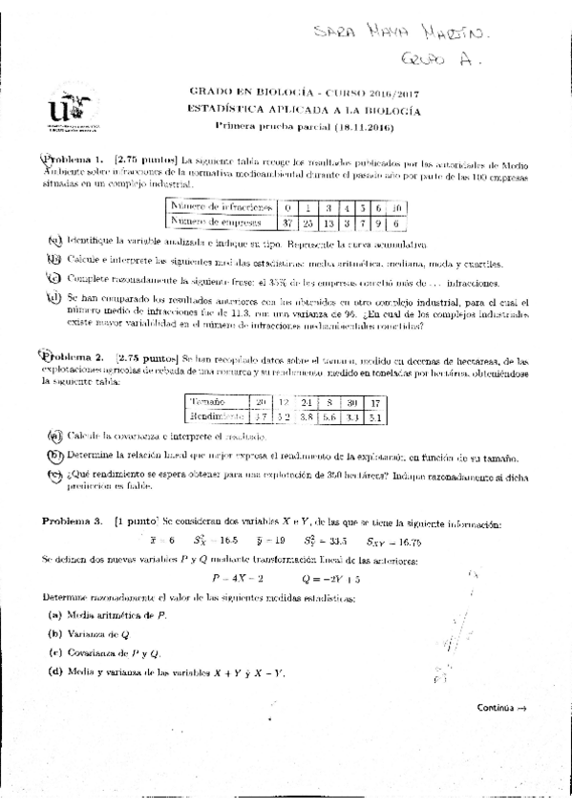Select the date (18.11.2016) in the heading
tap(364, 126)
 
